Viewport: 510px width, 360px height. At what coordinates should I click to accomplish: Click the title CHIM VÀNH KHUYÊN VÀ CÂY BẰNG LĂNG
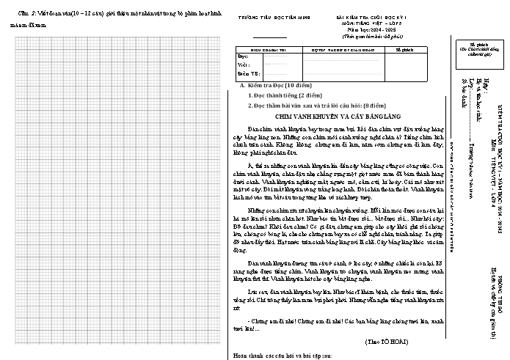click(x=338, y=116)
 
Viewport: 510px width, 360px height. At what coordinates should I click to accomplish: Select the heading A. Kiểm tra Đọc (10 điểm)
click(x=275, y=87)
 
